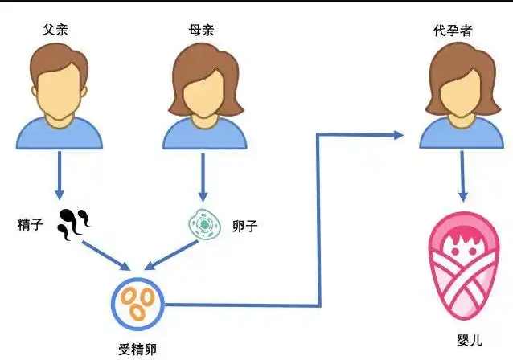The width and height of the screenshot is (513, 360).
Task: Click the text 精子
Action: pyautogui.click(x=31, y=223)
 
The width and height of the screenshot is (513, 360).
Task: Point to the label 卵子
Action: pyautogui.click(x=247, y=224)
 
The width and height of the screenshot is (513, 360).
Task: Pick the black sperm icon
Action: pyautogui.click(x=75, y=223)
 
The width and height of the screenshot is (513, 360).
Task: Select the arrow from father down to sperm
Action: pyautogui.click(x=60, y=177)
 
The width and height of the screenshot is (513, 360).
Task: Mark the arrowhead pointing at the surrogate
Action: pyautogui.click(x=397, y=135)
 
